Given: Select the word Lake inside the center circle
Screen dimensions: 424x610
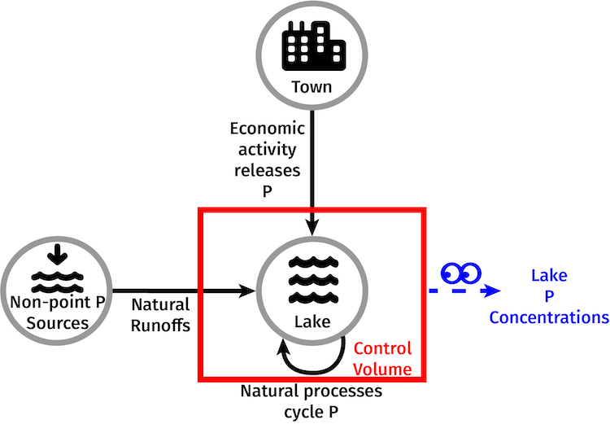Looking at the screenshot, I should [x=312, y=322].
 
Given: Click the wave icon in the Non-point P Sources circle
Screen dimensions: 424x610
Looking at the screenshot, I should [x=57, y=281].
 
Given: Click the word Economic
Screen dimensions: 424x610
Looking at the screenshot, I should [x=267, y=129].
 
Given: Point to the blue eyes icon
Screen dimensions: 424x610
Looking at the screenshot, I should [x=460, y=271].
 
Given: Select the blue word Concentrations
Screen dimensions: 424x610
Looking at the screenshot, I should [x=548, y=317].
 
